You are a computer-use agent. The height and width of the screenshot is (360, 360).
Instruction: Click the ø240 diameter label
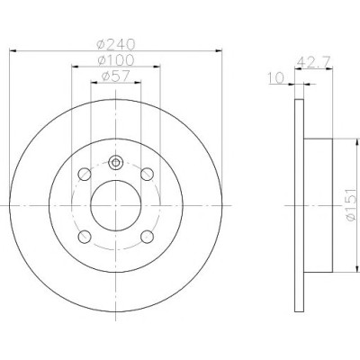coord(116,45)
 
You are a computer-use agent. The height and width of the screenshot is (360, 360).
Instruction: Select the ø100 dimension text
coord(116,60)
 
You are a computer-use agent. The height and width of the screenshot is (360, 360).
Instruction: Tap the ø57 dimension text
coord(115,76)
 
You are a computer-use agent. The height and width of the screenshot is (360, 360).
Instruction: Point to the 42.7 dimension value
coord(313,63)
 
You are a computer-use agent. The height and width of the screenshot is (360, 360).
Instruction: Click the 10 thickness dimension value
coord(276,78)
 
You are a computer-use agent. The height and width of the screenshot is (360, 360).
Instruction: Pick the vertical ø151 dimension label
coord(350,205)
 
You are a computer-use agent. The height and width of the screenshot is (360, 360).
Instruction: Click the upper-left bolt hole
coord(85,175)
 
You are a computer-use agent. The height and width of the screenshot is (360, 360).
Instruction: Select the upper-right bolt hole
coord(147,175)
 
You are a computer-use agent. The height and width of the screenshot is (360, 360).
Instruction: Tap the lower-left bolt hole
coord(85,237)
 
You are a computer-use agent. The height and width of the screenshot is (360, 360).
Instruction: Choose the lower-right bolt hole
coord(147,237)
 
